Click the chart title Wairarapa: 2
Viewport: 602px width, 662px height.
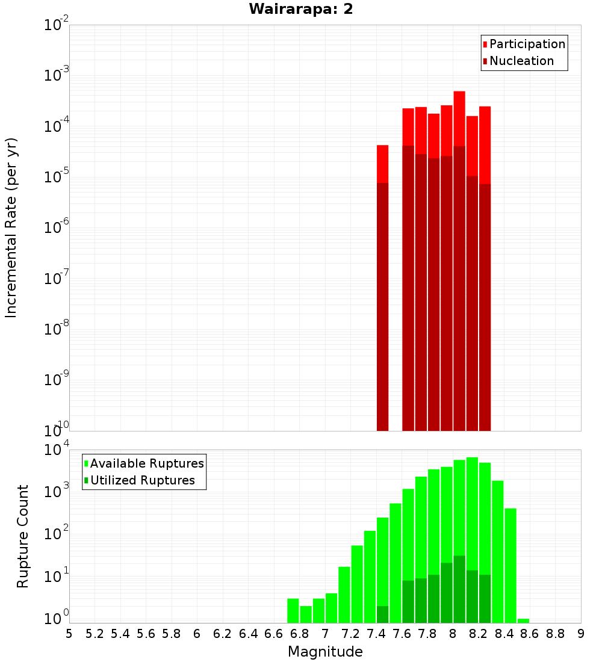301,10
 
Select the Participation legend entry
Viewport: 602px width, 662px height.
527,45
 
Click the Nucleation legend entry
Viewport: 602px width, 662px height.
521,61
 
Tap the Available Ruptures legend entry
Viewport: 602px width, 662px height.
147,464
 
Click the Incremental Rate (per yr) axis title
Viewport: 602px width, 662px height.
11,228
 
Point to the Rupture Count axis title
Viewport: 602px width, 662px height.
23,536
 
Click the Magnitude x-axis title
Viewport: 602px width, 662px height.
325,652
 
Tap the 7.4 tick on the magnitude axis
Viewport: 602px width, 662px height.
376,634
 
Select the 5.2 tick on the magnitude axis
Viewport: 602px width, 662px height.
95,634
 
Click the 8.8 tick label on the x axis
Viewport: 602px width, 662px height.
555,634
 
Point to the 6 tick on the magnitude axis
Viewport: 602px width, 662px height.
197,634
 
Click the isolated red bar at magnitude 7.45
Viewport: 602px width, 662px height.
382,164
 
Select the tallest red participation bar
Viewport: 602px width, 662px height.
459,117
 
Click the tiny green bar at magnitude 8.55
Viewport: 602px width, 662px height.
523,620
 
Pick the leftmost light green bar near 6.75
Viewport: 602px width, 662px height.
293,610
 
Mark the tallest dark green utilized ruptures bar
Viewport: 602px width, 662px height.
459,589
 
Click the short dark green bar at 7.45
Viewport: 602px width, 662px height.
382,614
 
